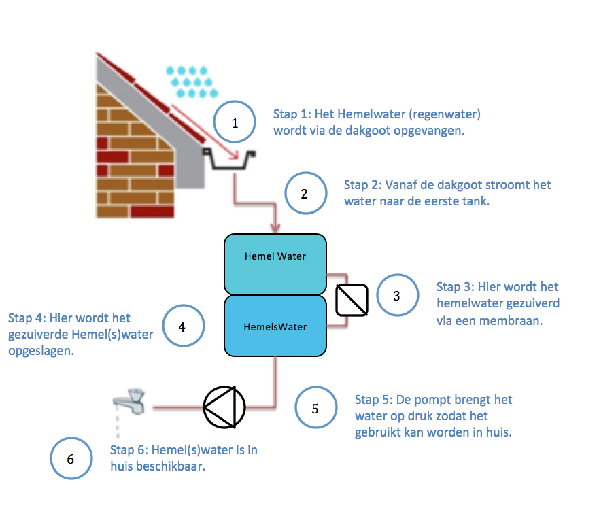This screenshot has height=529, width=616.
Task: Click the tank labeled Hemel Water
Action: point(275,264)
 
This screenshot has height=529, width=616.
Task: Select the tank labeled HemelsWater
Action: point(275,326)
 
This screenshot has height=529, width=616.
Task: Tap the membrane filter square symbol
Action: point(352,300)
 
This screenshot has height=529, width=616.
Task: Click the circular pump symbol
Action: point(224,407)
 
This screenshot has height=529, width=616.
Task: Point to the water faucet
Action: point(130,401)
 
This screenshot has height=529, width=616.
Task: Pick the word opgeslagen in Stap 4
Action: point(41,351)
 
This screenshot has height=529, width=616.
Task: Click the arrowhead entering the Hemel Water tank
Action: point(275,228)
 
